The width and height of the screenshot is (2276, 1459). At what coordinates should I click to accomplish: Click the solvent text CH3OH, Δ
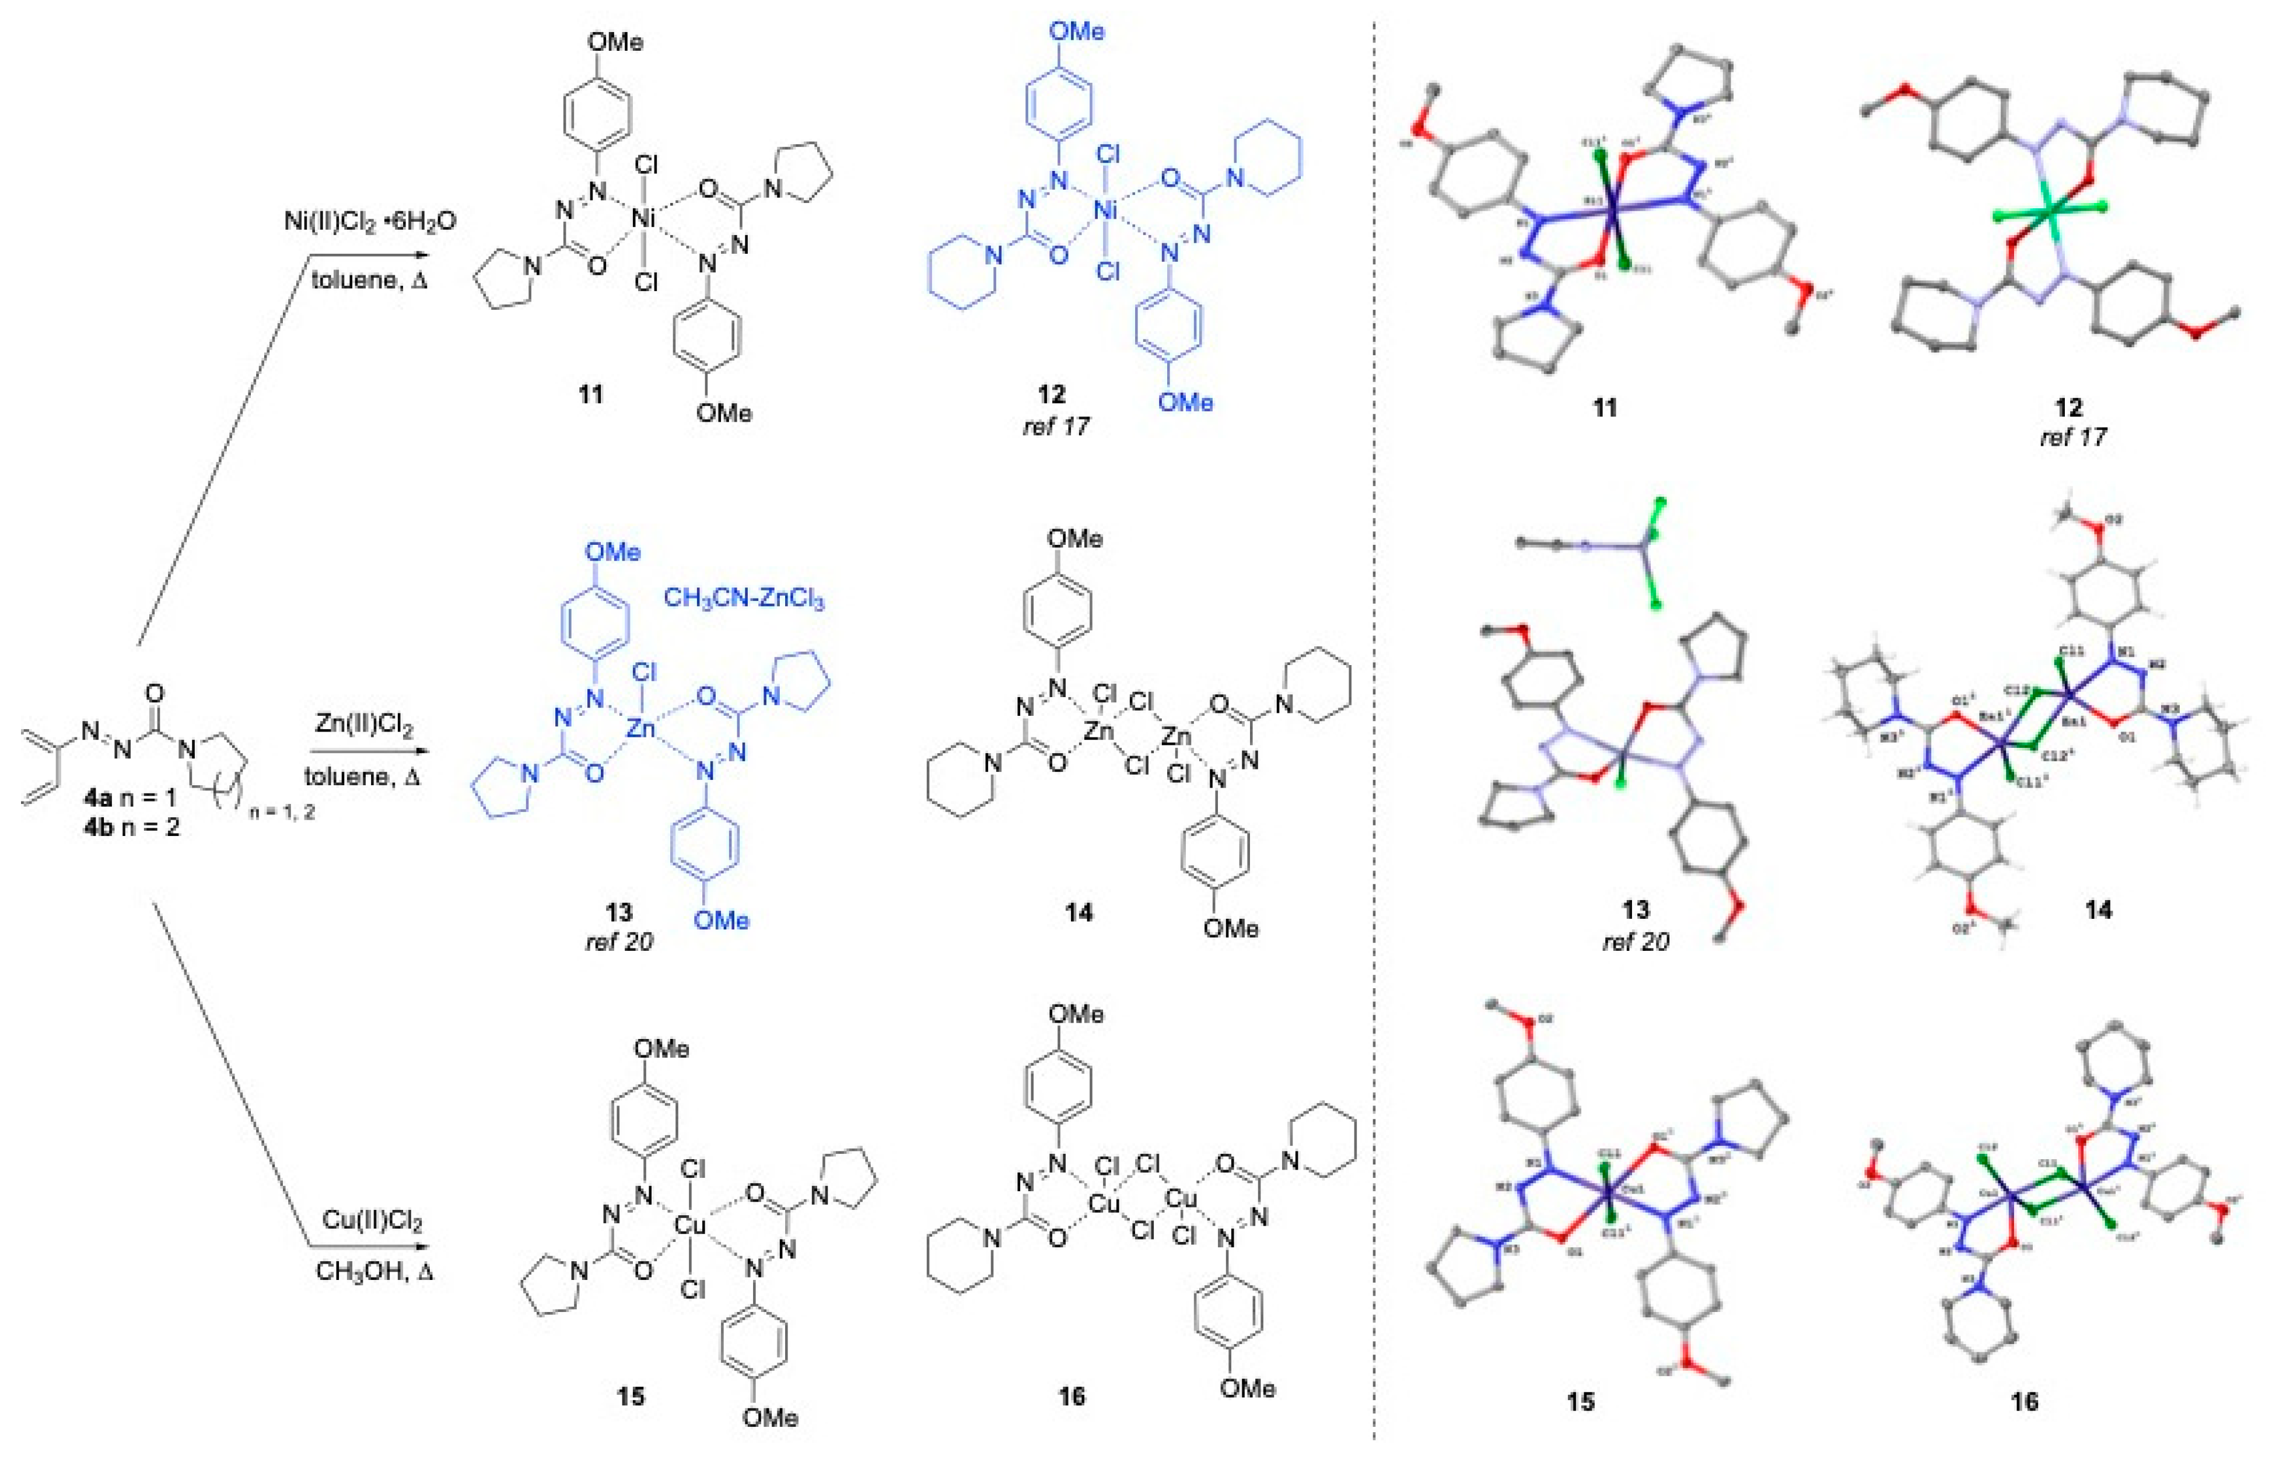374,1269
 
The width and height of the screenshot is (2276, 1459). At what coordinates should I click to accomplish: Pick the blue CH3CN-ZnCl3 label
744,598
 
